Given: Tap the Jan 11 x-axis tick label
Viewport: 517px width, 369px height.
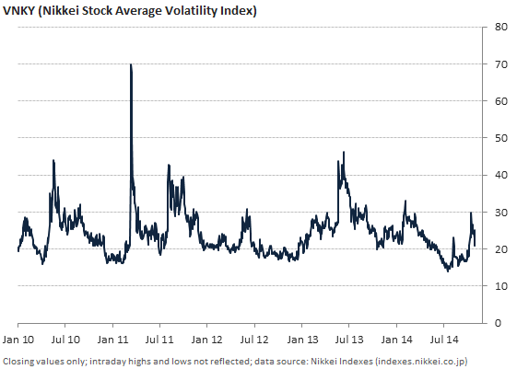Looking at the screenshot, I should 112,340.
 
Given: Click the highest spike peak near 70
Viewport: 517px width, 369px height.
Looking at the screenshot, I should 131,65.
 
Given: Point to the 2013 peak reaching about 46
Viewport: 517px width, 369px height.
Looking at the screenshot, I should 344,153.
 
